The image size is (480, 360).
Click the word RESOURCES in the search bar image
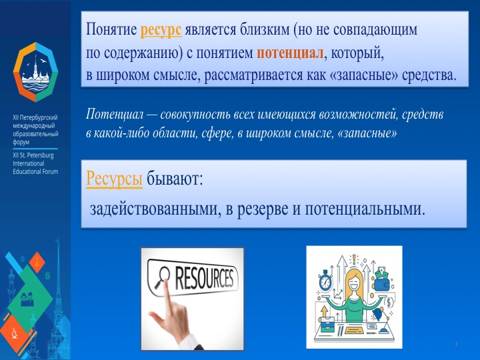pos(204,278)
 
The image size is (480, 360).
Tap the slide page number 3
pos(455,343)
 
